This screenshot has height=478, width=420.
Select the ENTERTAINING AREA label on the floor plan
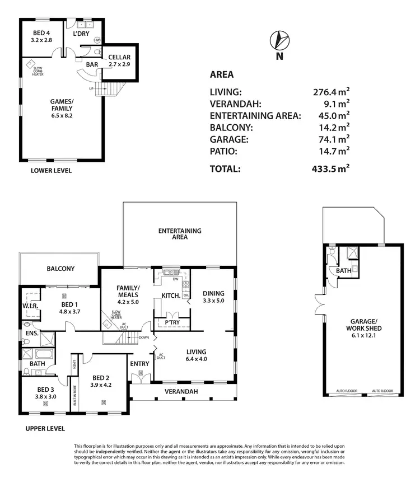click(179, 233)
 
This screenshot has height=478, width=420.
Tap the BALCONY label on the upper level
click(60, 269)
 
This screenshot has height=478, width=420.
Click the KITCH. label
click(170, 295)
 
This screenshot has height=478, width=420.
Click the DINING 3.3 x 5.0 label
click(213, 297)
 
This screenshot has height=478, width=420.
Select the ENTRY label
click(139, 364)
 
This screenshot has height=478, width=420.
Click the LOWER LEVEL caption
click(51, 170)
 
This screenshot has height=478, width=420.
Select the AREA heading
click(222, 74)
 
